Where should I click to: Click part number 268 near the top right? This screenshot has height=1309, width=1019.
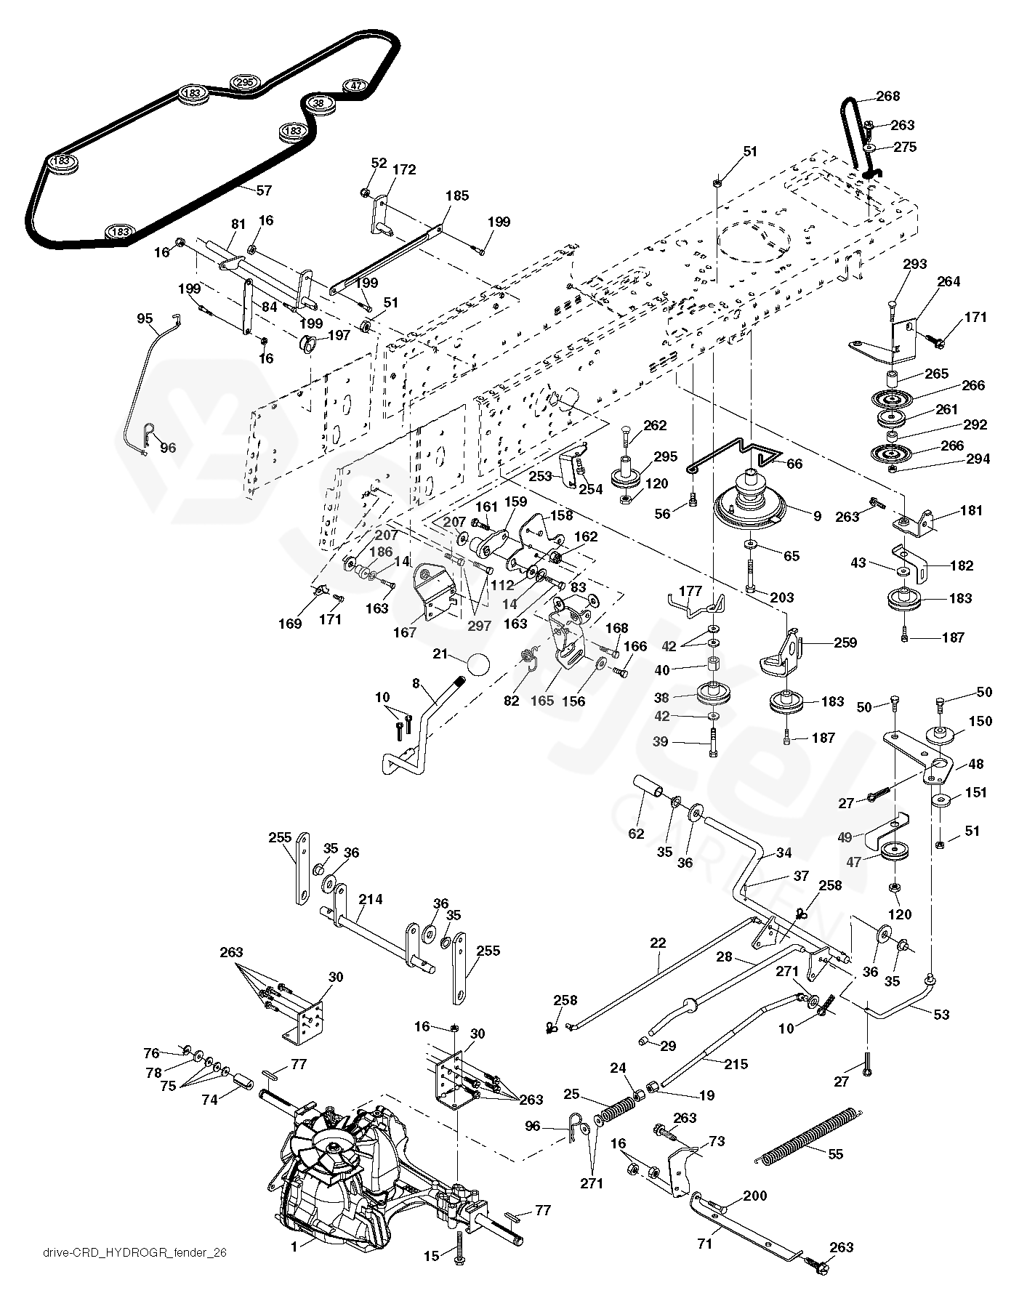coord(887,97)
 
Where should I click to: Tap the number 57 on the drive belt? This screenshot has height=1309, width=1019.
coord(263,190)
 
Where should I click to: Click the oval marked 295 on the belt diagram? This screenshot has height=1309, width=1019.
coord(245,82)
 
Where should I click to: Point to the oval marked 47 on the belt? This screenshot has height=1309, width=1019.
coord(355,85)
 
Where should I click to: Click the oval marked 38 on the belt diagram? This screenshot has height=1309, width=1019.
coord(318,104)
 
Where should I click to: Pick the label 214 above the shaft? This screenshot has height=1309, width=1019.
coord(370,901)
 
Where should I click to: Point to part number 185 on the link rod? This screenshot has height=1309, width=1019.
coord(457,196)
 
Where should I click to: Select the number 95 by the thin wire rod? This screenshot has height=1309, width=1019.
coord(145,318)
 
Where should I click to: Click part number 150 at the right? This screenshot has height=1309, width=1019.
coord(980,721)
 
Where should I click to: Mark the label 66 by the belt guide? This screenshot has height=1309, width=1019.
coord(794,464)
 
